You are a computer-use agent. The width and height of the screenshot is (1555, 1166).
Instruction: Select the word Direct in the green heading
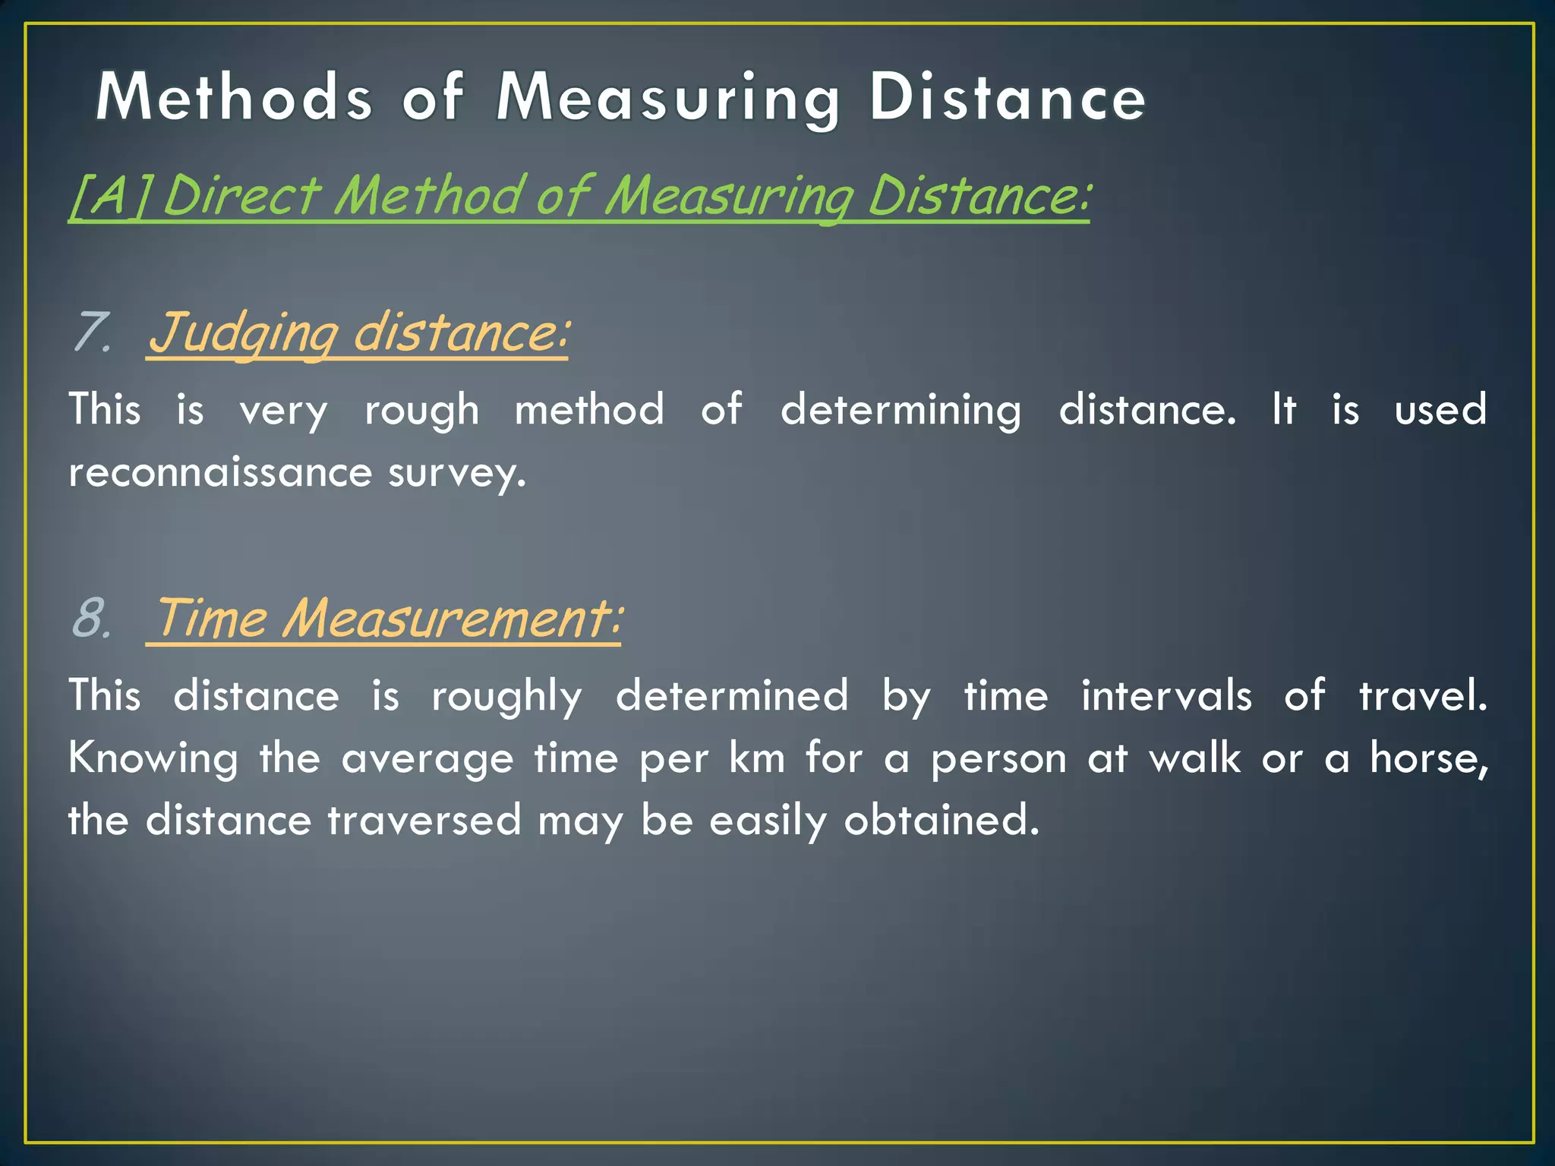coord(242,196)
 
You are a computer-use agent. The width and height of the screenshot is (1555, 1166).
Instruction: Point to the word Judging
coord(244,334)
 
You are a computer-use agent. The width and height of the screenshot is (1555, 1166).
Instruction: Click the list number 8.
coord(92,618)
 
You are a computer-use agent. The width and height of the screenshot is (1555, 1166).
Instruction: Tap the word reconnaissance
coord(220,472)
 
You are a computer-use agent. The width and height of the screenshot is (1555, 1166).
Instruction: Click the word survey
coord(456,474)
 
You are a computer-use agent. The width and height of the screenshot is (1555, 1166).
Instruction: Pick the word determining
coord(901,411)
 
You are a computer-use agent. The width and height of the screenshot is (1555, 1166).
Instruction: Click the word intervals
coord(1166,695)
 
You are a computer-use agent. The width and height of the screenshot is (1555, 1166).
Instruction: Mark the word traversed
coord(424,821)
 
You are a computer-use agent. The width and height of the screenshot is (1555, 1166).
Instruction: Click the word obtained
coord(942,821)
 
